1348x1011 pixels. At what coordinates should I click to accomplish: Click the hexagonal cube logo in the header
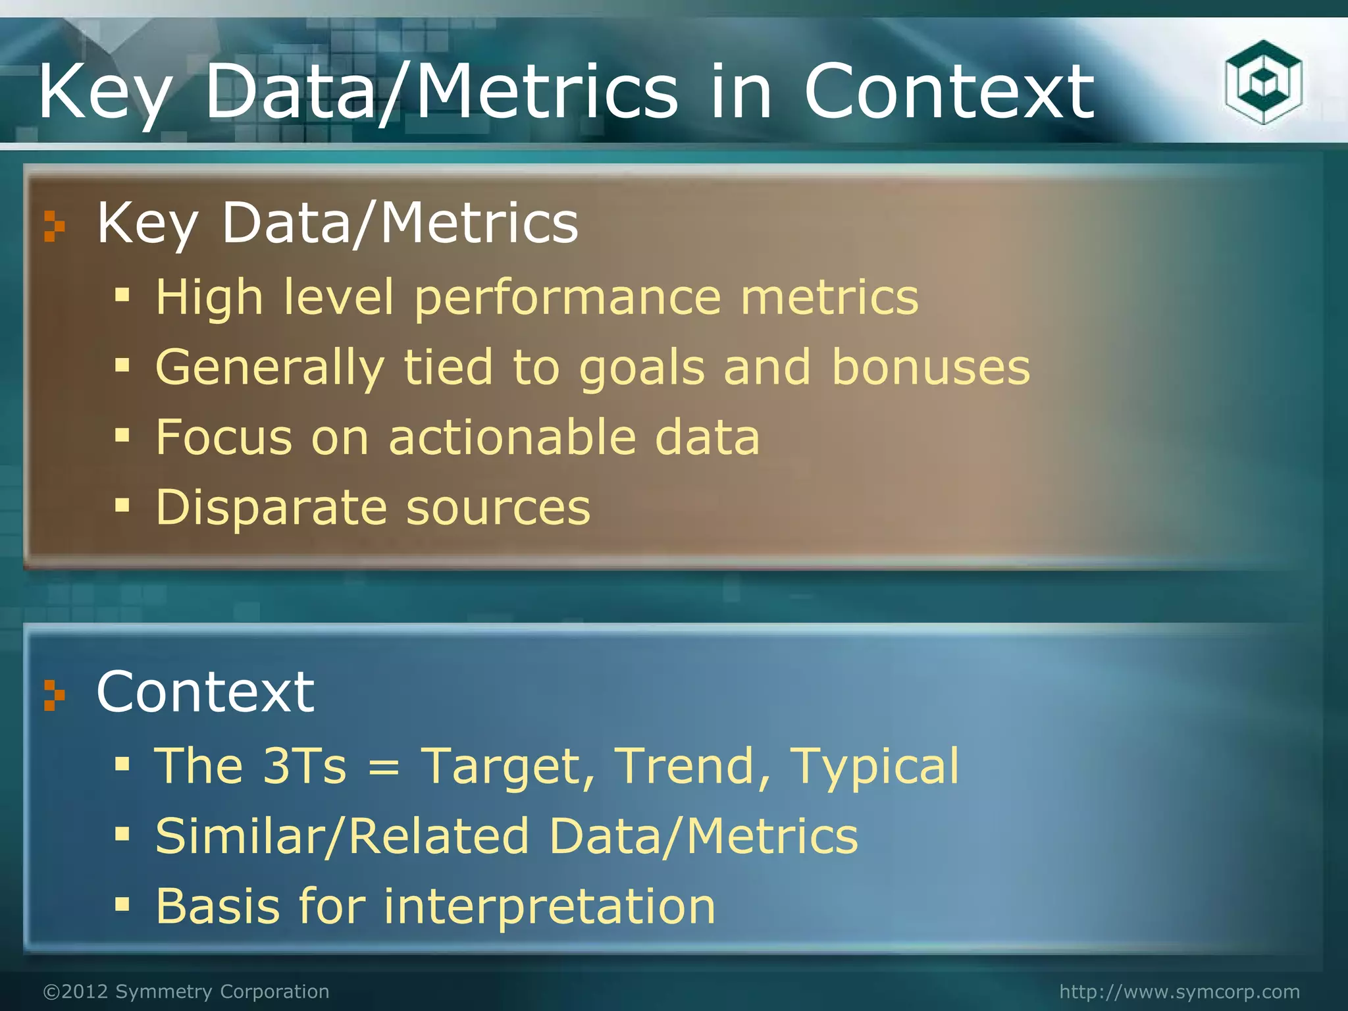1263,82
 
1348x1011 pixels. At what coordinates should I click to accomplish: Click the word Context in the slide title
948,92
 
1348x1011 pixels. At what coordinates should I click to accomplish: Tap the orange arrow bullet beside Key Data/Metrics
54,226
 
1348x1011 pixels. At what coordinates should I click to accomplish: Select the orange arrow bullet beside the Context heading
54,695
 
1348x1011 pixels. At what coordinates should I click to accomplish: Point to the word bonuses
930,367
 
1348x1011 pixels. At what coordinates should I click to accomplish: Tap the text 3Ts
303,766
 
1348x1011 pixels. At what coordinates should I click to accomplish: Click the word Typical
874,767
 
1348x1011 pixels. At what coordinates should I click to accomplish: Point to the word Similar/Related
342,837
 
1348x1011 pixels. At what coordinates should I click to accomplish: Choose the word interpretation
549,907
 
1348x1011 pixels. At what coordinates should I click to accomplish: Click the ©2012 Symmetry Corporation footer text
186,991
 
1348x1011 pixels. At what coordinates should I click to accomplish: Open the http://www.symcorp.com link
1179,991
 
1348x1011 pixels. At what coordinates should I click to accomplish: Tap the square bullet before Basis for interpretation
122,906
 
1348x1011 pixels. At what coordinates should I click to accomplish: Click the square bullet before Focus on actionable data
122,435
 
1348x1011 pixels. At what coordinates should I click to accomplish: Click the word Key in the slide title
105,92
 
